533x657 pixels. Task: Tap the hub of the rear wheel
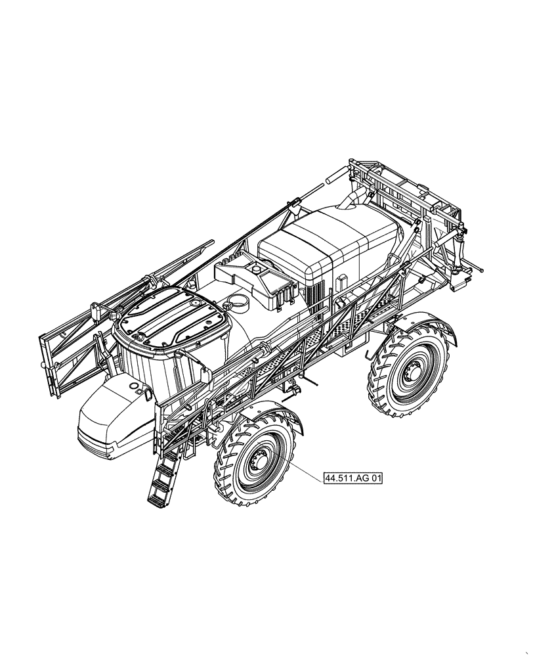click(411, 373)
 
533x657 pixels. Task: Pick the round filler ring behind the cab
click(238, 302)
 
